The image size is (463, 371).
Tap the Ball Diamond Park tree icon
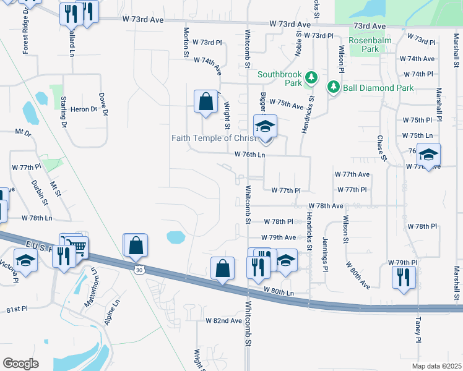point(334,87)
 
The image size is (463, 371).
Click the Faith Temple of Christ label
point(214,138)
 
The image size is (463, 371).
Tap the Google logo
point(20,364)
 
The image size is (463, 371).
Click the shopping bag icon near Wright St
point(205,102)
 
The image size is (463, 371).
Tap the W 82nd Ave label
point(224,321)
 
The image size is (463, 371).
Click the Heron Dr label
point(84,109)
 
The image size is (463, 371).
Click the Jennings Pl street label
point(324,254)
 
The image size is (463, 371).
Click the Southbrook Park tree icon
point(312,77)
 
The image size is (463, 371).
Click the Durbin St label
point(38,189)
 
